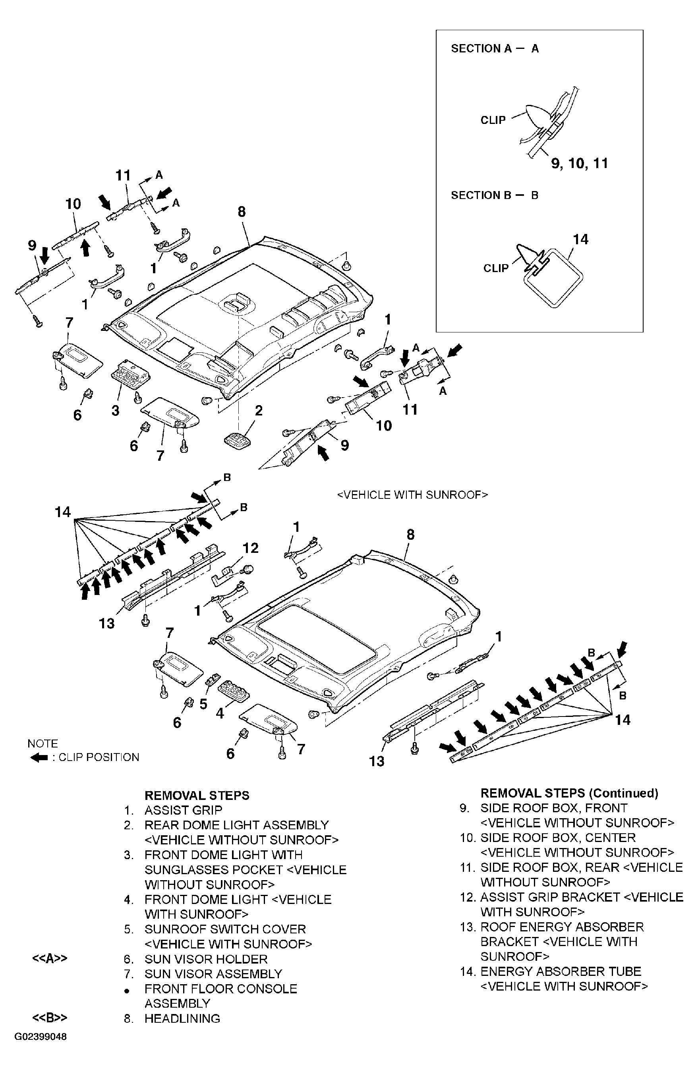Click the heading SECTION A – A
(495, 48)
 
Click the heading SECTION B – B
(494, 195)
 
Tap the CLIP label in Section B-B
(496, 268)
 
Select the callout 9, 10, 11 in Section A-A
(579, 163)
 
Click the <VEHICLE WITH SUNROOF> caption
(412, 495)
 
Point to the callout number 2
(259, 410)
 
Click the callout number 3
(116, 410)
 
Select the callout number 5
(203, 704)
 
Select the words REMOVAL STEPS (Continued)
(569, 793)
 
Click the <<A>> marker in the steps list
(50, 958)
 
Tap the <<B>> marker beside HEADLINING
(50, 1018)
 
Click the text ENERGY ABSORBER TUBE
(561, 971)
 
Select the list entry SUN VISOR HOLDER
(205, 959)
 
